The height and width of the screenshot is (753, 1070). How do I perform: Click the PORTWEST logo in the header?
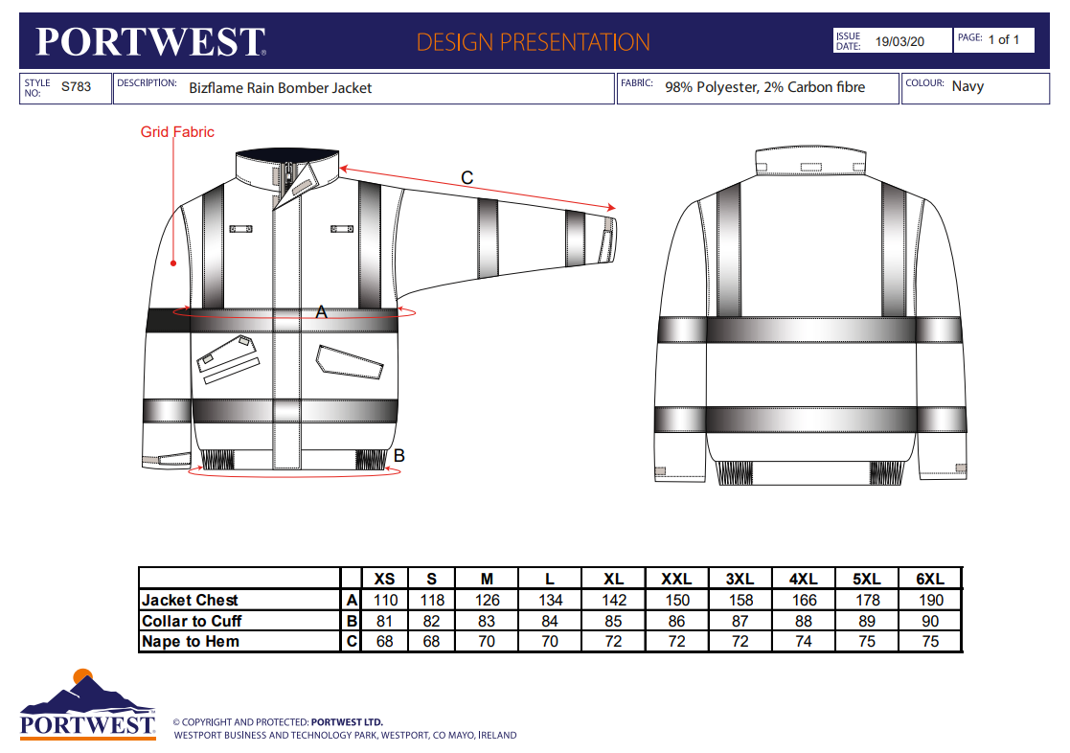pyautogui.click(x=150, y=41)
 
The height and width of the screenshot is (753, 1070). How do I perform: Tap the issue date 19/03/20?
pyautogui.click(x=899, y=42)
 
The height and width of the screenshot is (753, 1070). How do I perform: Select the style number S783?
pyautogui.click(x=76, y=87)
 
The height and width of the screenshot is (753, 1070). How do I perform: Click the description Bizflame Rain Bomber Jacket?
pyautogui.click(x=280, y=87)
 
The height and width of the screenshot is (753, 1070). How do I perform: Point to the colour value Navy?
pyautogui.click(x=968, y=86)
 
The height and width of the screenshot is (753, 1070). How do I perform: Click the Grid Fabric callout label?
pyautogui.click(x=177, y=132)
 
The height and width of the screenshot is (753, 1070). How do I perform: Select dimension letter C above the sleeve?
pyautogui.click(x=467, y=177)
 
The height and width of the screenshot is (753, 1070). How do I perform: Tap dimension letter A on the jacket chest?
pyautogui.click(x=322, y=311)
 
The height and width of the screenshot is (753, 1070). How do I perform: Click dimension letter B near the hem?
pyautogui.click(x=399, y=456)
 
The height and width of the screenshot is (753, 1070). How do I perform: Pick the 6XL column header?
pyautogui.click(x=929, y=579)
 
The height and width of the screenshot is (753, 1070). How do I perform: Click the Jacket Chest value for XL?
pyautogui.click(x=614, y=600)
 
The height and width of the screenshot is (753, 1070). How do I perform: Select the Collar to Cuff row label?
pyautogui.click(x=192, y=621)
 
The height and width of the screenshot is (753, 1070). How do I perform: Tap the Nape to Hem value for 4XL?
pyautogui.click(x=804, y=641)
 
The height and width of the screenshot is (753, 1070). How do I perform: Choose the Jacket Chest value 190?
pyautogui.click(x=929, y=600)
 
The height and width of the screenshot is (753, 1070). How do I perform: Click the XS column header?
pyautogui.click(x=384, y=579)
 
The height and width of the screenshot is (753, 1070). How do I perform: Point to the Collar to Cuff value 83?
pyautogui.click(x=487, y=621)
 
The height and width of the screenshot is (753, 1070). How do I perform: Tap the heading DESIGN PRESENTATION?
pyautogui.click(x=534, y=42)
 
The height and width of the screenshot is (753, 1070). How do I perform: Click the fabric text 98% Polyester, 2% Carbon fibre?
pyautogui.click(x=764, y=87)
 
